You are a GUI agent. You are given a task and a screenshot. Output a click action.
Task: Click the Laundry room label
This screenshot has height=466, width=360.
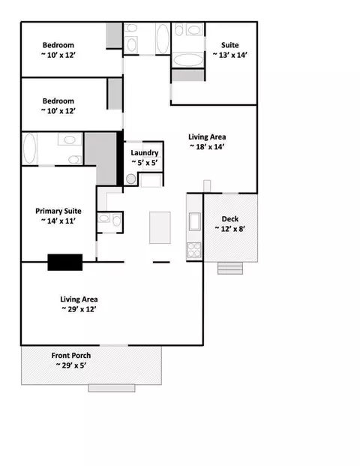coord(144,153)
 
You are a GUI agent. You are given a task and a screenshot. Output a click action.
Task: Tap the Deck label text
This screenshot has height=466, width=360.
coord(230,219)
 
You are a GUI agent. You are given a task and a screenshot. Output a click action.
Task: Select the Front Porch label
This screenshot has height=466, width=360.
coord(71,356)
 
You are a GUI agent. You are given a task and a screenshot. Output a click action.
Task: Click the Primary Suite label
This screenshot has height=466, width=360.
coord(58,211)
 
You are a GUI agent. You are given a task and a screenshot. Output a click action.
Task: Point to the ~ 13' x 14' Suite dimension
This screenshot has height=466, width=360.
coord(230,55)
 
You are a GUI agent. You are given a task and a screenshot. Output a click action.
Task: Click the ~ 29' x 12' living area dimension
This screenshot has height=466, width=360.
coord(79,309)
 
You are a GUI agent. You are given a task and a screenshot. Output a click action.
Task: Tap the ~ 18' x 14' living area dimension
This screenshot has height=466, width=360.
coord(207,147)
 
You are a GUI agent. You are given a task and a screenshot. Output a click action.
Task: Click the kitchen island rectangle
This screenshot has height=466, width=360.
coord(160,227)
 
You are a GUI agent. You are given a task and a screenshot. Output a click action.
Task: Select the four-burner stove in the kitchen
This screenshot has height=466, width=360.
coord(194,250)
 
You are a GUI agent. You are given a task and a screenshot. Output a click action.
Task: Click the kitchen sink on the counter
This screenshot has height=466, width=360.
coord(195,221)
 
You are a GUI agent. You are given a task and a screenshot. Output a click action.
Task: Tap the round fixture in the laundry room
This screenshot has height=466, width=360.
coord(131,179)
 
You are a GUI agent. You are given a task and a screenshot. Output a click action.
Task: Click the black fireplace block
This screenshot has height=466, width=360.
coord(65,262)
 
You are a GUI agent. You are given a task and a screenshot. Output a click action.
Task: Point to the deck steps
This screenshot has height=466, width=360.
coord(230,268)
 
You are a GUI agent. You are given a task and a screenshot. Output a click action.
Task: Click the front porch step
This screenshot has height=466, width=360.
coord(112,388)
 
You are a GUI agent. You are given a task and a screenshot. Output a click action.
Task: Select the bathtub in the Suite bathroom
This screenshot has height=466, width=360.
coord(188,60)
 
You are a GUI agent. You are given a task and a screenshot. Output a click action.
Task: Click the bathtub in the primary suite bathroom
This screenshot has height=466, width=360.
coord(29,149)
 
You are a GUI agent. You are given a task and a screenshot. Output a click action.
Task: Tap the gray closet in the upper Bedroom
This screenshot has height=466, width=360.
coord(114,35)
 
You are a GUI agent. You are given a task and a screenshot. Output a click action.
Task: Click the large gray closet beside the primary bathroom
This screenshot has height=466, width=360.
coord(100,158)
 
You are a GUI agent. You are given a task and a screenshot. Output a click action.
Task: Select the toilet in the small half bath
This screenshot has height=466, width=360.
coord(117,221)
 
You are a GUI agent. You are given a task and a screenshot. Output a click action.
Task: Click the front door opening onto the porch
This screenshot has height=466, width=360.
coord(114,345)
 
